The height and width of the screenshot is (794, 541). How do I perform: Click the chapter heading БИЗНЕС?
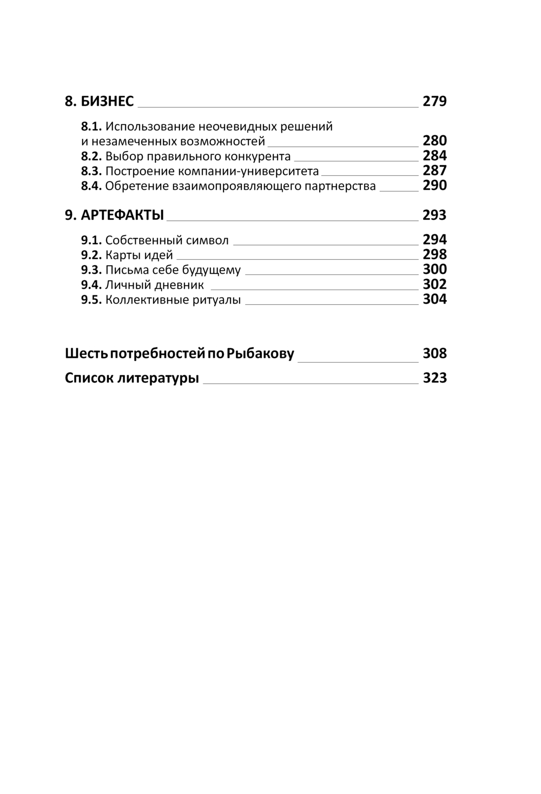107,101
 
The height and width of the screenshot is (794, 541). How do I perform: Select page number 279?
434,101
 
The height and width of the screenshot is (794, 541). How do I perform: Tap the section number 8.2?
91,156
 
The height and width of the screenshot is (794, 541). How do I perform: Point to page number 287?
434,170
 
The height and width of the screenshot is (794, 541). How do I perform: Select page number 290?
434,186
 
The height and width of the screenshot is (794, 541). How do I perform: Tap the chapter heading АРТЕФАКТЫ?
122,215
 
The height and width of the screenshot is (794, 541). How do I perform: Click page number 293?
434,215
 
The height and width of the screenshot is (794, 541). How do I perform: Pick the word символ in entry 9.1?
207,240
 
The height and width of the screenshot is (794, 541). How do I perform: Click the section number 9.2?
91,255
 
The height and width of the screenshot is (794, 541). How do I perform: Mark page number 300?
434,270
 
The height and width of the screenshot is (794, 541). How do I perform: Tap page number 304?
434,299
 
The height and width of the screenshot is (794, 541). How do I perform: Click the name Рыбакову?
260,354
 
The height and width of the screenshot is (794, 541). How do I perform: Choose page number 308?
434,353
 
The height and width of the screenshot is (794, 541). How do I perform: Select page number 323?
434,378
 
